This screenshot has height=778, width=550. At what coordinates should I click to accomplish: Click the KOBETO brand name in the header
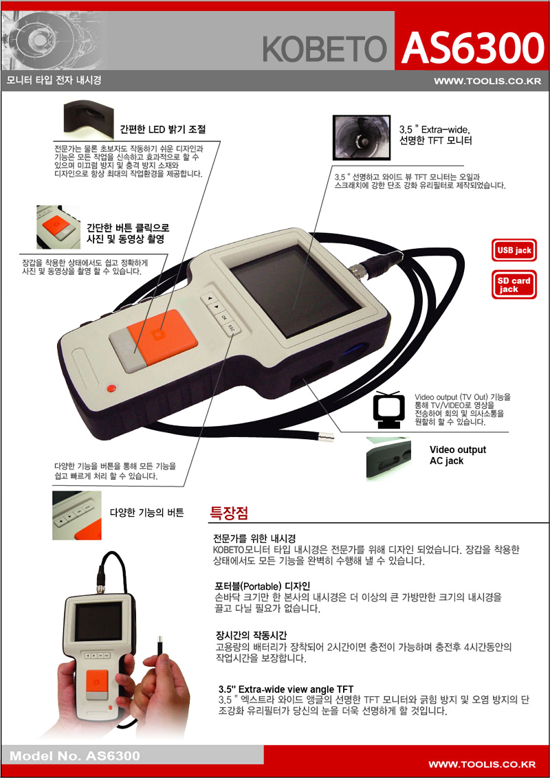tap(324, 49)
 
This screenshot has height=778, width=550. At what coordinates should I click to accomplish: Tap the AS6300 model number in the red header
tap(473, 47)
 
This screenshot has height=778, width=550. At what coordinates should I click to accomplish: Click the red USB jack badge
tap(514, 251)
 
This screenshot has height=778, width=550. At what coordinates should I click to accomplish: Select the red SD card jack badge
tap(514, 285)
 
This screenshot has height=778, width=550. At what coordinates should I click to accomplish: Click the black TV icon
tap(388, 410)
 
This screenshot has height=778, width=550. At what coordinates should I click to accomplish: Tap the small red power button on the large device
tap(112, 388)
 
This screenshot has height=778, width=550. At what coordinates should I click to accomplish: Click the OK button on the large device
tap(224, 318)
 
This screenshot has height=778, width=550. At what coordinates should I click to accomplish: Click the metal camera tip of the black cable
tap(325, 438)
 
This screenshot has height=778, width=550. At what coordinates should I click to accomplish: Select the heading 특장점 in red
tap(230, 513)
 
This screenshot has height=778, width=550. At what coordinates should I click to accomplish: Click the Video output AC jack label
tap(458, 455)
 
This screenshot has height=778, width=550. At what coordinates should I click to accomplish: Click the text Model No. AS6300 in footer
tap(75, 756)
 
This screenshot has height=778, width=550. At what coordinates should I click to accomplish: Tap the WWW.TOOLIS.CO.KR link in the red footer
tap(481, 764)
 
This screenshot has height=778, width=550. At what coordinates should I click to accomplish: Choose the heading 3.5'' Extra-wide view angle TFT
tap(286, 689)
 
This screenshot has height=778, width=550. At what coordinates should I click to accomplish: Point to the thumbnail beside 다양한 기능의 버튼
tap(77, 515)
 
